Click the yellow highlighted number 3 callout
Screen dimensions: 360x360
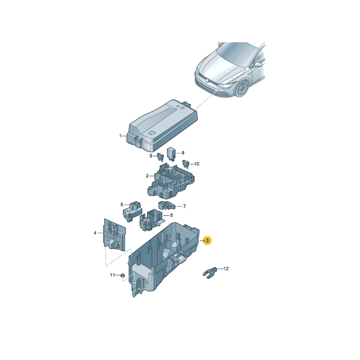(x=207, y=241)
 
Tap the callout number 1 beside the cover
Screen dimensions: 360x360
(x=120, y=136)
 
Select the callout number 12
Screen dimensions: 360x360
(x=226, y=269)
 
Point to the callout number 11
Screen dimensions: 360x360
(x=112, y=275)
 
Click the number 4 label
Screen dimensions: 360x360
(x=95, y=233)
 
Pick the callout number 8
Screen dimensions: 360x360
(x=183, y=153)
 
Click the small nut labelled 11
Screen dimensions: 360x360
(x=122, y=275)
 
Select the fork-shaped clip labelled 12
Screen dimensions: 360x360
(x=210, y=273)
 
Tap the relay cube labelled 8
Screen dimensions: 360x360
(x=171, y=153)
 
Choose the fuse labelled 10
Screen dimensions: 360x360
(x=185, y=164)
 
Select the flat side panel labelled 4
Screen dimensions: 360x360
(x=115, y=234)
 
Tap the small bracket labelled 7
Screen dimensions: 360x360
(x=166, y=205)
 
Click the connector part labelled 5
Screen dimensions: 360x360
(x=132, y=211)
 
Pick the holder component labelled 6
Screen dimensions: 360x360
(x=151, y=220)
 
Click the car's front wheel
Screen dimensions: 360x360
(x=242, y=89)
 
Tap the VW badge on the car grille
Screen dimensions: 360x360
(x=207, y=81)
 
